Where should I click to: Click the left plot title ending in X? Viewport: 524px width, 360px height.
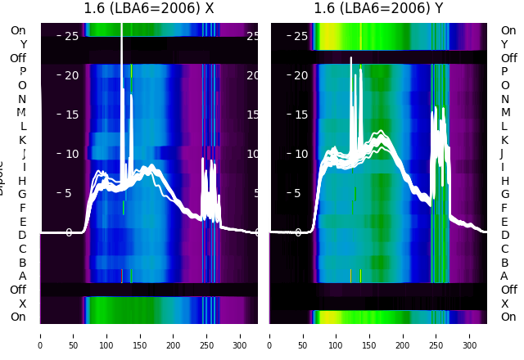pos(149,9)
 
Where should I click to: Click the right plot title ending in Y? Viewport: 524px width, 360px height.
pos(378,9)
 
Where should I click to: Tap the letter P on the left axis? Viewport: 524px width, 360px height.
pos(23,72)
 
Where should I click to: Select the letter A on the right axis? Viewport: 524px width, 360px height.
pos(504,277)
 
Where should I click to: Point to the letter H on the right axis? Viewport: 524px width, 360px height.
pos(504,181)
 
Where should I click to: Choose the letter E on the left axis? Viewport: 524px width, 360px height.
pos(23,222)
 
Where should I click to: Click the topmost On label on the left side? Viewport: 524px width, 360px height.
pos(18,31)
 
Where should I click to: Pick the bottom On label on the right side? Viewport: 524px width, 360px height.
pos(508,317)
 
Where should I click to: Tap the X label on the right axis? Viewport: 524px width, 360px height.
pos(504,304)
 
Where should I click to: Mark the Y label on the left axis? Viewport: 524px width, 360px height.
pos(23,44)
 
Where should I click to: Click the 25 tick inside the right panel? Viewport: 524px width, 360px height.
pos(301,36)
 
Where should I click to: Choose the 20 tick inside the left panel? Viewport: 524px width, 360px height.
pos(71,75)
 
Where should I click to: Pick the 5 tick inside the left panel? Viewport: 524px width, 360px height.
pos(69,194)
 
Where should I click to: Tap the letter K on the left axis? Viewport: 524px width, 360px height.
pos(23,140)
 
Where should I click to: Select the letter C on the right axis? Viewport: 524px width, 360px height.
pos(504,249)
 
